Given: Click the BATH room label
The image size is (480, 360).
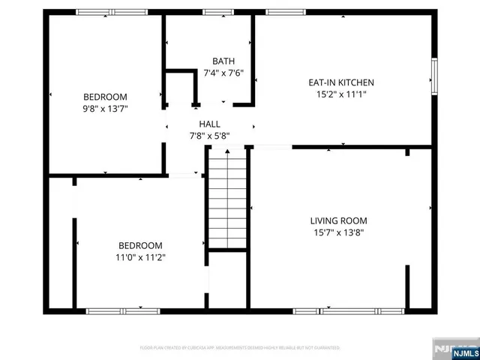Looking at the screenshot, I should tap(223, 61).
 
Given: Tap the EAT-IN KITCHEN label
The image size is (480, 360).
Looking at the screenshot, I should tap(341, 82).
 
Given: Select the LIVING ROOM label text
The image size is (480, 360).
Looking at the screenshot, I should tap(339, 220).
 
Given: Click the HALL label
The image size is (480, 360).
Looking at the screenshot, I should tap(209, 124).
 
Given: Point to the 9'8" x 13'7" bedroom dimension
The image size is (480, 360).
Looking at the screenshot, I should tap(105, 109).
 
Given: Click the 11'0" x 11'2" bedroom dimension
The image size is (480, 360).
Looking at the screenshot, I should tap(141, 257).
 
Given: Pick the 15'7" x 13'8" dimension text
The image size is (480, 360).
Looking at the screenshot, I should tap(339, 232).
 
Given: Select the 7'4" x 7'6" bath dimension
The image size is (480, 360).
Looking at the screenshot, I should tap(223, 73).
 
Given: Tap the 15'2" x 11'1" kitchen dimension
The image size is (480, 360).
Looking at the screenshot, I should tap(341, 94).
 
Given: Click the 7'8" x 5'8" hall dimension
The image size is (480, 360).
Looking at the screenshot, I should tap(209, 136).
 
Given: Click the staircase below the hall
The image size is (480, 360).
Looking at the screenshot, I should tap(227, 199).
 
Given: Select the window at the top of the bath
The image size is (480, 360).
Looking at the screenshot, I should tap(218, 12).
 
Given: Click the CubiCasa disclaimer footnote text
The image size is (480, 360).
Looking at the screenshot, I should tap(240, 348).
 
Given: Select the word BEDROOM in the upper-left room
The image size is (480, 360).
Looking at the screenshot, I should tap(105, 97).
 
